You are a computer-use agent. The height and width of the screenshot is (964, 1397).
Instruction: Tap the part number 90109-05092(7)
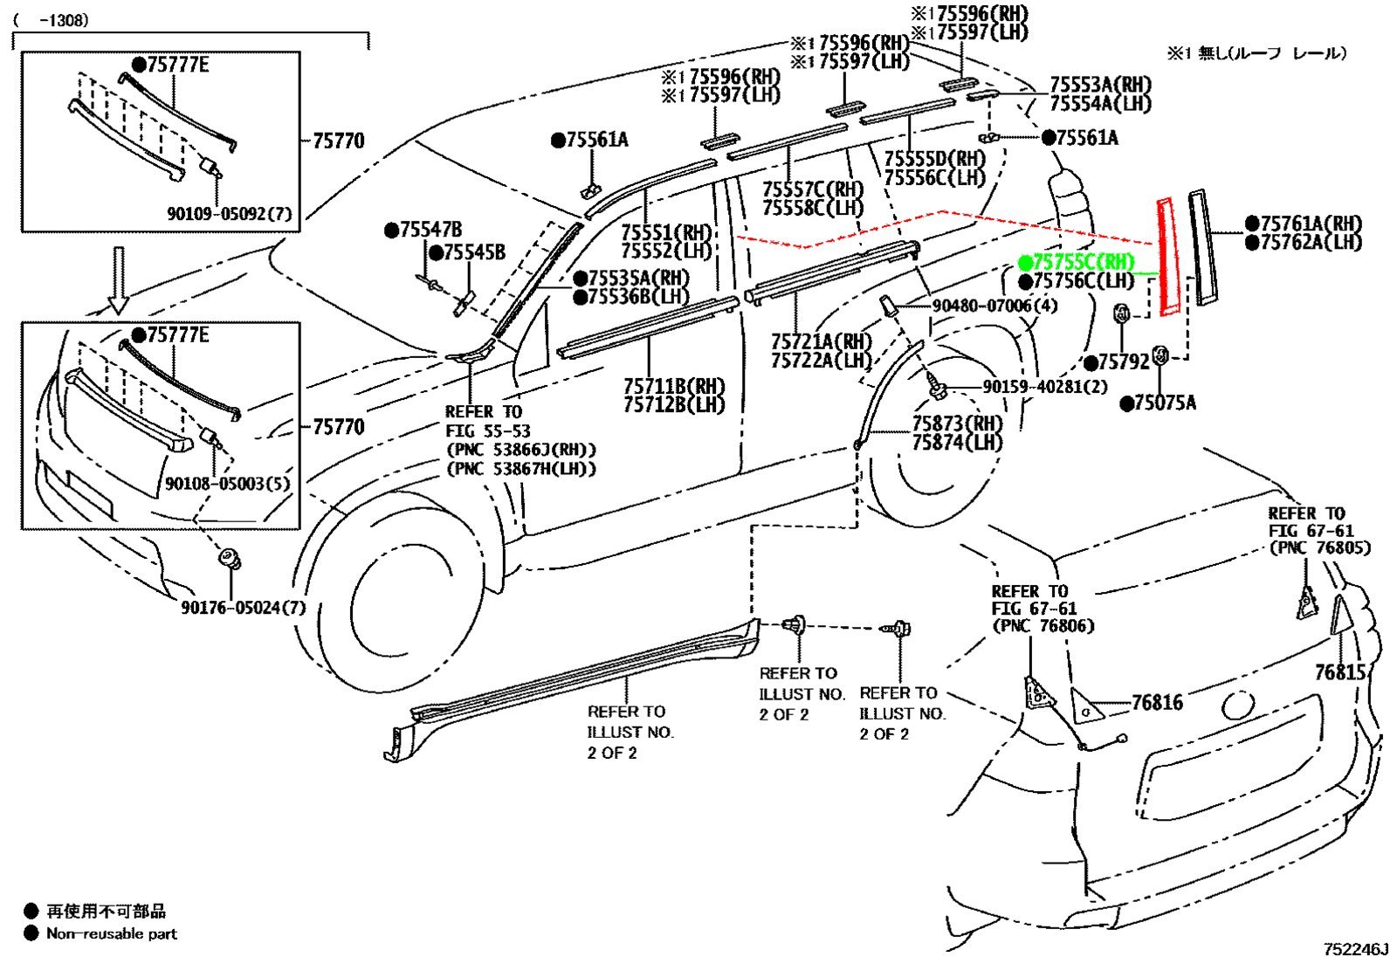pos(230,214)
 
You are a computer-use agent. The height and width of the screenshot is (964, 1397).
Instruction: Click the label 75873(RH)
pos(957,423)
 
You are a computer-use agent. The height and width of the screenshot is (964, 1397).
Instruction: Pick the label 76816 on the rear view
pos(1157,703)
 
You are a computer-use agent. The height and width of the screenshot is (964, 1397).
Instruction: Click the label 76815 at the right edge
pos(1340,672)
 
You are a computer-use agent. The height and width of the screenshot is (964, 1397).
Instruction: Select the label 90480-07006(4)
pos(995,306)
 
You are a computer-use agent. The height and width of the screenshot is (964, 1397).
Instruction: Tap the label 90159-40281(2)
pos(1045,387)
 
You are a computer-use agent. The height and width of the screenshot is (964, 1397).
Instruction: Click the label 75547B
pos(423,231)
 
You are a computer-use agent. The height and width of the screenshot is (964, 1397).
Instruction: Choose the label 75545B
pos(467,252)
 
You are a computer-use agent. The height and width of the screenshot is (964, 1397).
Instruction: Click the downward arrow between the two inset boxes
pos(118,279)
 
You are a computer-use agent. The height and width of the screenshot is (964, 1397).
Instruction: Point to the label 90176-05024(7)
pos(244,608)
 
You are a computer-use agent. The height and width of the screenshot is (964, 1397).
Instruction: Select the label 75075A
pos(1158,403)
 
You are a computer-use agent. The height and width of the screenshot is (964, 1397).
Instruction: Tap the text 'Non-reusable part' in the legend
pos(112,933)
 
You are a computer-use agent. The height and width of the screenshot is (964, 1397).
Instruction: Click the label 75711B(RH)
pos(674,387)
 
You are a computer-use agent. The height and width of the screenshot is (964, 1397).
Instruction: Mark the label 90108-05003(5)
pos(228,483)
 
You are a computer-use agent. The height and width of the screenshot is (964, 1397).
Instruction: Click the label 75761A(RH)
pos(1304,224)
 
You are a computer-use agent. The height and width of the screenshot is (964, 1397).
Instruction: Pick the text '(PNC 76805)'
pos(1320,547)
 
